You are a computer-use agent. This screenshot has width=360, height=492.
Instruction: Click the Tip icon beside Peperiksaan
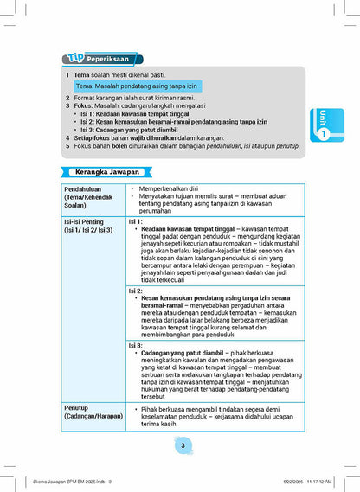pyautogui.click(x=74, y=59)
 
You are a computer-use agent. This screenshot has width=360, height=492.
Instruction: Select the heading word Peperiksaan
pyautogui.click(x=110, y=59)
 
